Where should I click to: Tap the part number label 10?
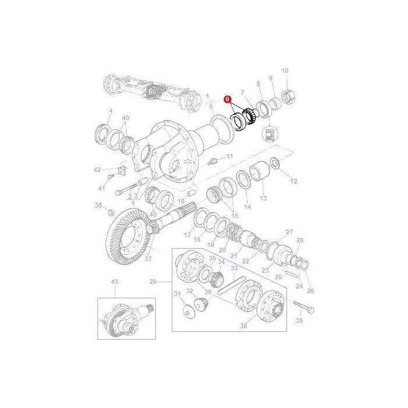click(x=285, y=71)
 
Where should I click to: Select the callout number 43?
click(x=114, y=282)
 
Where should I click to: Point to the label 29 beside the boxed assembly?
click(x=153, y=282)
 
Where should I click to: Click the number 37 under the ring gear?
click(x=148, y=259)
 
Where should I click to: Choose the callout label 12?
click(x=293, y=181)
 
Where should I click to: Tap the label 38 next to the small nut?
click(x=99, y=205)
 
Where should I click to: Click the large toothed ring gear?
click(x=128, y=233)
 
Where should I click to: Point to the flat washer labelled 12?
click(x=276, y=164)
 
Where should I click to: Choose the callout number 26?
click(x=309, y=290)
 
